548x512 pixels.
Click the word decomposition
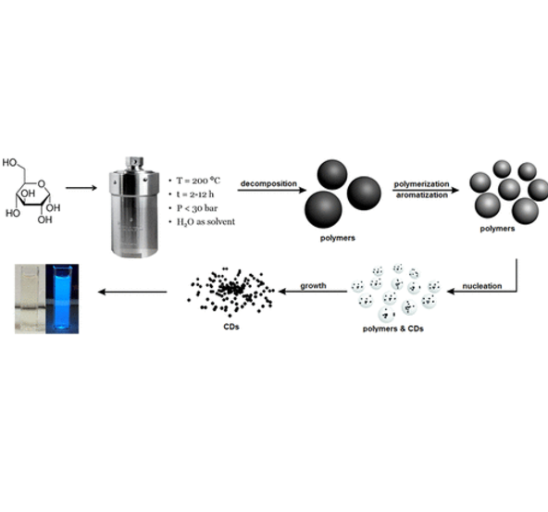click(268, 183)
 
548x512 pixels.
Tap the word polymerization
click(422, 183)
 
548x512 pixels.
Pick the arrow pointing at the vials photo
click(134, 293)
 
